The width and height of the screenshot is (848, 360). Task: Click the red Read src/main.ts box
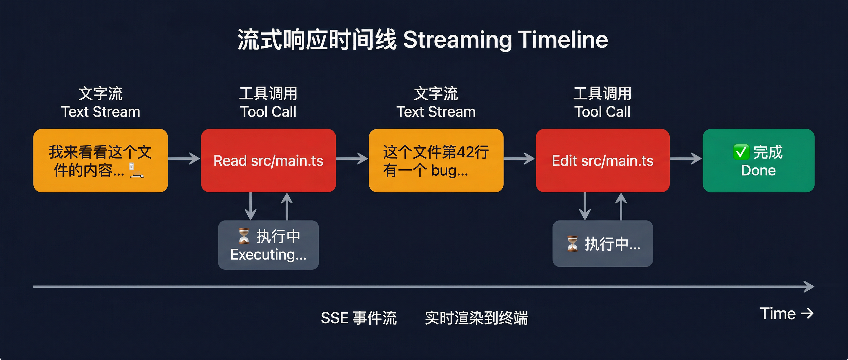pyautogui.click(x=268, y=160)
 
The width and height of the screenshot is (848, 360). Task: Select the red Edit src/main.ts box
pyautogui.click(x=603, y=160)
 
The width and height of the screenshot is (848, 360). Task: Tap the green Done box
pyautogui.click(x=758, y=160)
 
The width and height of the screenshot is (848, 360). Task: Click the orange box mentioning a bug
pyautogui.click(x=436, y=160)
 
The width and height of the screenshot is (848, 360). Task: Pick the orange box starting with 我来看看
pyautogui.click(x=100, y=160)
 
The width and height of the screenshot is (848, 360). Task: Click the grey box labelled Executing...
pyautogui.click(x=268, y=245)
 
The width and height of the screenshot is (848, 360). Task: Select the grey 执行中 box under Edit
pyautogui.click(x=603, y=243)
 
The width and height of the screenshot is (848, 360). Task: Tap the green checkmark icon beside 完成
pyautogui.click(x=741, y=152)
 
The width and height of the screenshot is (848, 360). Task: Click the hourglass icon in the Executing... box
pyautogui.click(x=244, y=236)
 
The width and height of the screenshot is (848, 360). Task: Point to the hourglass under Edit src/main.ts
pyautogui.click(x=573, y=244)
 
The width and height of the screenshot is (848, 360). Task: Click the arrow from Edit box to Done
pyautogui.click(x=685, y=158)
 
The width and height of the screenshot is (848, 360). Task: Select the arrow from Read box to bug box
pyautogui.click(x=351, y=158)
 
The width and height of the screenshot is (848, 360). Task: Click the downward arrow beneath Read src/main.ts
pyautogui.click(x=251, y=206)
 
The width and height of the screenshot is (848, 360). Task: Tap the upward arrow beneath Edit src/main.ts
pyautogui.click(x=621, y=206)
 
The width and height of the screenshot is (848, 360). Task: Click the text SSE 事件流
pyautogui.click(x=358, y=318)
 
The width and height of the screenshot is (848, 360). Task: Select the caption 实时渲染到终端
pyautogui.click(x=476, y=318)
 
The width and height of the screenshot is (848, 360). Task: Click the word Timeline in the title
pyautogui.click(x=563, y=40)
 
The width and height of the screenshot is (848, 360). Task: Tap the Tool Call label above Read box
pyautogui.click(x=268, y=112)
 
